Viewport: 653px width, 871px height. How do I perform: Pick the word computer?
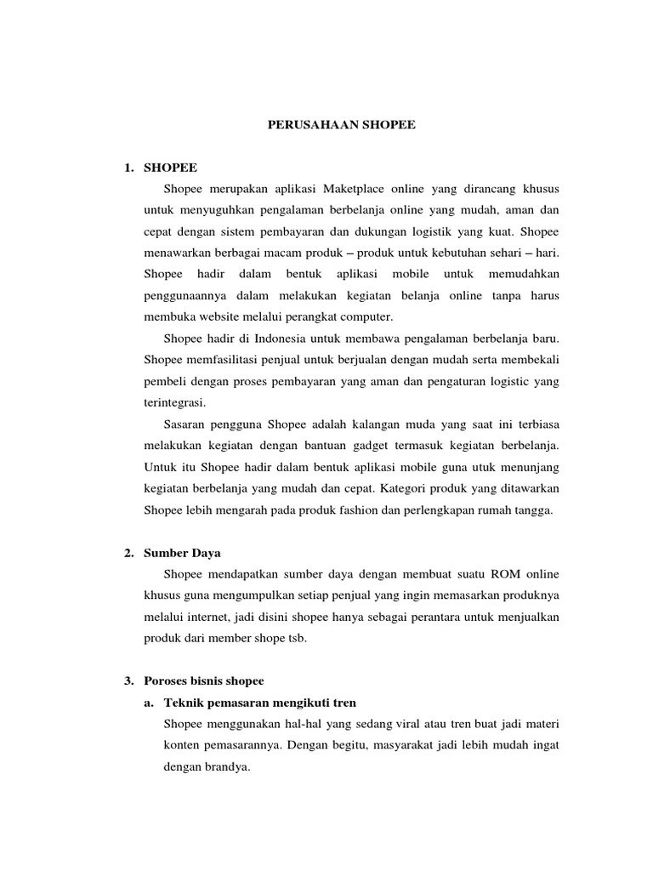click(366, 318)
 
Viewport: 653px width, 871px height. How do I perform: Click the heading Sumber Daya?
click(182, 553)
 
